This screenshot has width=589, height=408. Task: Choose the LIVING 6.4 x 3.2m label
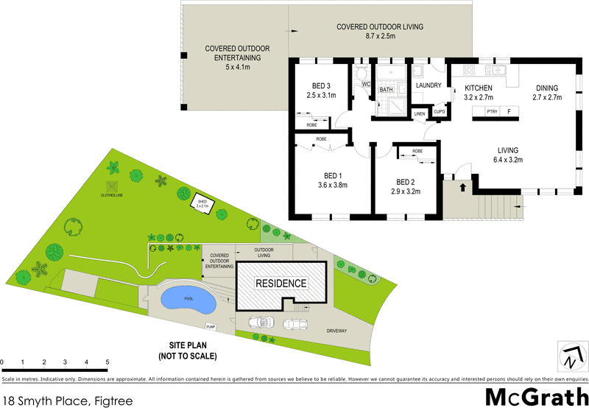508,153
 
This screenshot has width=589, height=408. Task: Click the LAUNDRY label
428,85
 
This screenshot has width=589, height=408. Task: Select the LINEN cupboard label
420,114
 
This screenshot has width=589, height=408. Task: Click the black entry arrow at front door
462,187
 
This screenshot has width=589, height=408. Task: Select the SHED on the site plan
202,203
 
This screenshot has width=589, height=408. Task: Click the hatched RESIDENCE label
281,283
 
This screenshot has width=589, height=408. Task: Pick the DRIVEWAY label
340,331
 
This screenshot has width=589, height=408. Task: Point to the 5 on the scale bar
107,362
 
